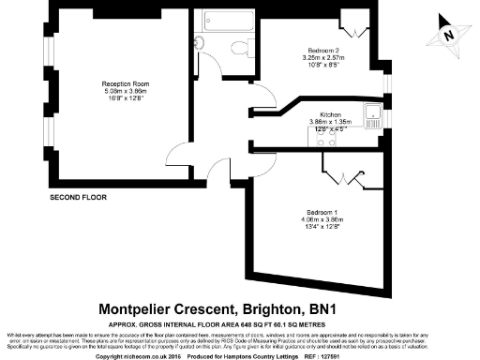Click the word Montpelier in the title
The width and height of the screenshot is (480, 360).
pyautogui.click(x=139, y=307)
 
